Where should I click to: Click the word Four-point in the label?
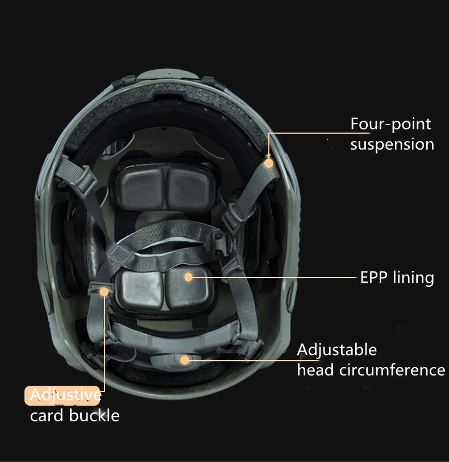tap(390, 124)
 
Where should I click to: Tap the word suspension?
tap(392, 145)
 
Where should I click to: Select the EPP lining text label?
tap(397, 278)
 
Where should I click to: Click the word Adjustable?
tap(337, 350)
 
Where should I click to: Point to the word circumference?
tap(392, 370)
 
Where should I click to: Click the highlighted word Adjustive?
tap(65, 395)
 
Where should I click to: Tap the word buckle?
tap(94, 415)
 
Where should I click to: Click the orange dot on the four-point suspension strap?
tap(269, 163)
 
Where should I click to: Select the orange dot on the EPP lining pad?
tap(188, 277)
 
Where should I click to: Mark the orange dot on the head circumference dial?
tap(185, 360)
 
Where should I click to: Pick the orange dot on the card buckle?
tap(104, 292)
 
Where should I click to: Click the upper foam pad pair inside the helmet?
tap(165, 186)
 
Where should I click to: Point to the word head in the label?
tap(315, 370)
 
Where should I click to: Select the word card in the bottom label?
tap(47, 416)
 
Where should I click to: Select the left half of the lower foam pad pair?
tap(140, 290)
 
